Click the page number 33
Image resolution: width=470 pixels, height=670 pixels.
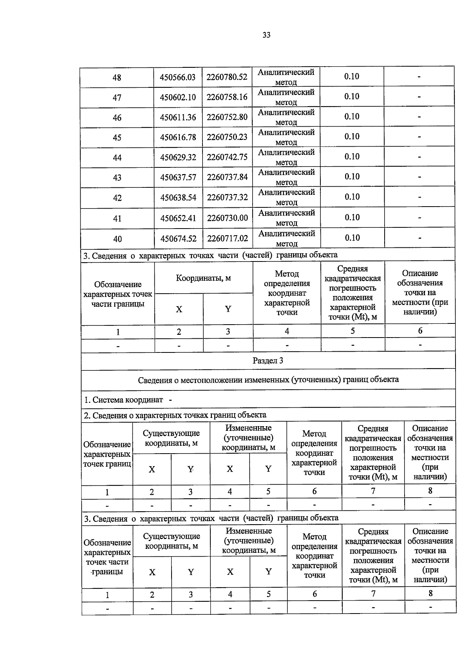(266, 35)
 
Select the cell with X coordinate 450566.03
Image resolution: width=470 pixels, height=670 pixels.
(177, 77)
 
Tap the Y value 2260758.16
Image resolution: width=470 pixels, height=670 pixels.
(227, 97)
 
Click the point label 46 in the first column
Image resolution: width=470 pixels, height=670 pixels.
(117, 118)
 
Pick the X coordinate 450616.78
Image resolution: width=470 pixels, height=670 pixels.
(178, 137)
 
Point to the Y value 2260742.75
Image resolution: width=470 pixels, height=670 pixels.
(227, 157)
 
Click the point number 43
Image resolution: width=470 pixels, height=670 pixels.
(117, 178)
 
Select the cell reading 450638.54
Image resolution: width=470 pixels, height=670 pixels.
(178, 198)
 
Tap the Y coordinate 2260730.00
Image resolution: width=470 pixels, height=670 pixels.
(228, 218)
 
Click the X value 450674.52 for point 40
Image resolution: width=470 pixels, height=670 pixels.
(178, 238)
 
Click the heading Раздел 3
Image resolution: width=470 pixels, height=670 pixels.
(268, 361)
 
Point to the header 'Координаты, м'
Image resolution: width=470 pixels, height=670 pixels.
(203, 278)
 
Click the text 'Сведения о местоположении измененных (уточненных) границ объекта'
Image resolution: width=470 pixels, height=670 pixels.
(268, 379)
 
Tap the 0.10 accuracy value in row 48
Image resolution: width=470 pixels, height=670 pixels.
(352, 76)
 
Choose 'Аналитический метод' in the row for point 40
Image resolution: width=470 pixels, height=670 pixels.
(287, 238)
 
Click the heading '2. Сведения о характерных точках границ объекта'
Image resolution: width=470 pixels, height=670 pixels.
(175, 415)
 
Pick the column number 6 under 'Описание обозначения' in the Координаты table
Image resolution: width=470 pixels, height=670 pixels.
(420, 331)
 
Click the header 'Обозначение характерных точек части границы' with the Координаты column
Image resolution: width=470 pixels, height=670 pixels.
(118, 294)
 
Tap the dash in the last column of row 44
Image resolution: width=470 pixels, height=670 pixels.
(419, 157)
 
